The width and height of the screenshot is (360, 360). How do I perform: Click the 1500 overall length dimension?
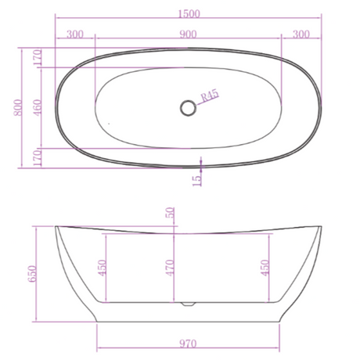(189, 13)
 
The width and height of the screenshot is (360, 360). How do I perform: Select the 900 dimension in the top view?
(188, 34)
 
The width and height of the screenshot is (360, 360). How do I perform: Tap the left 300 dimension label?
(75, 34)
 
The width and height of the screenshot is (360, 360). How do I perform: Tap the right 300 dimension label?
(301, 34)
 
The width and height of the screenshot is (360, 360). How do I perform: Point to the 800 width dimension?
(18, 107)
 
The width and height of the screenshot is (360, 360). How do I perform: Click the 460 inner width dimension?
(37, 107)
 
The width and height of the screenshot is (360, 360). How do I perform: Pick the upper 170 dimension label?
(37, 57)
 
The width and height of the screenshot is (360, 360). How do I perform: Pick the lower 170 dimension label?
(37, 158)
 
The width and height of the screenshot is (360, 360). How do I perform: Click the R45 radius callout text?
(210, 95)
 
